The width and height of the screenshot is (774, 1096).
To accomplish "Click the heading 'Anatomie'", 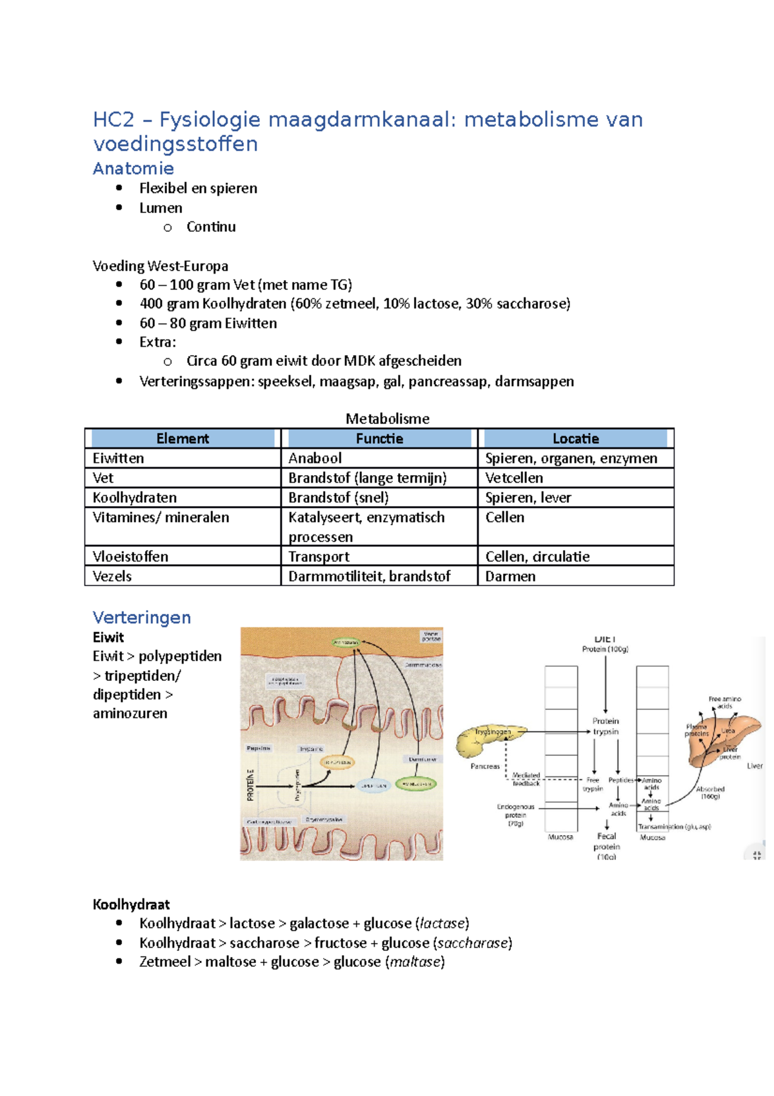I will click(x=133, y=168).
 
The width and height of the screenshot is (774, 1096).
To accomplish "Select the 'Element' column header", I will click(x=183, y=439).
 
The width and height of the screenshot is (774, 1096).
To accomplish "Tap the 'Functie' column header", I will click(x=379, y=439).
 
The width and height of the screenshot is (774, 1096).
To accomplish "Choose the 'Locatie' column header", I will click(x=575, y=439).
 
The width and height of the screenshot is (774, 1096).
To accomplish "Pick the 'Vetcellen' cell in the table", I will click(x=514, y=478).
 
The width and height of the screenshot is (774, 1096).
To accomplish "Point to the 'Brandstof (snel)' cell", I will click(x=338, y=498).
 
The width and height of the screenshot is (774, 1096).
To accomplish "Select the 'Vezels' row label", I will click(x=112, y=576).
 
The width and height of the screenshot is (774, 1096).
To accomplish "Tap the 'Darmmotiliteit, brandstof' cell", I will click(x=369, y=576).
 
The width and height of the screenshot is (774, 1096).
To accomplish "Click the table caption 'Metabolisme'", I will click(x=387, y=419).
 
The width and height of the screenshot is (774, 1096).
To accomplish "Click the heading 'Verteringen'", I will click(x=141, y=618).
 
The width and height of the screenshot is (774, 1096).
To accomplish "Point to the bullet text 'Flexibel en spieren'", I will click(x=198, y=188).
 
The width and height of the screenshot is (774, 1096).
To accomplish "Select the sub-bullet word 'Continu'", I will click(x=211, y=227).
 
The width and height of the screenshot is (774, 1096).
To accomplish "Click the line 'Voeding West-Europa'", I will click(x=160, y=266).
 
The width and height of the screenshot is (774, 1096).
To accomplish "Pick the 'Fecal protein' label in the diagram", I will click(x=606, y=842).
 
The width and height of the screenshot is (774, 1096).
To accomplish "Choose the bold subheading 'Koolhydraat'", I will click(x=131, y=904).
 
